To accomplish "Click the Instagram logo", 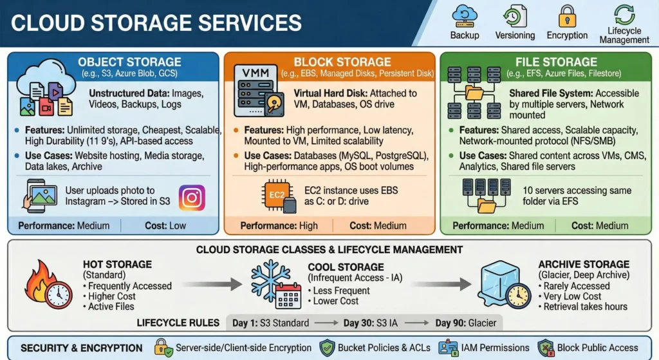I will pyautogui.click(x=192, y=198).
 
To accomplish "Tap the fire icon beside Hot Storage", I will pyautogui.click(x=45, y=285).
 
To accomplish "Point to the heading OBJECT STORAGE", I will pyautogui.click(x=130, y=62).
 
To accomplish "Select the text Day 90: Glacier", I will pyautogui.click(x=465, y=323).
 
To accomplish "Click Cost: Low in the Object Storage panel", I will pyautogui.click(x=169, y=225).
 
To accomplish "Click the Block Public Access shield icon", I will pyautogui.click(x=546, y=348).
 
